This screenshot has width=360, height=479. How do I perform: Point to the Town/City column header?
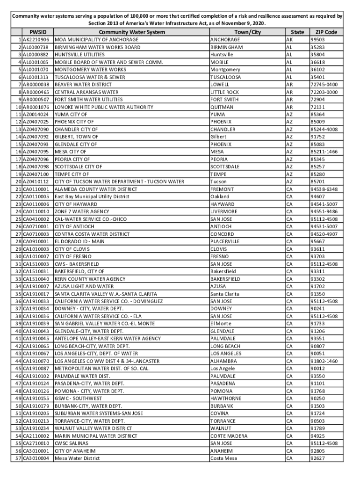click(x=247, y=32)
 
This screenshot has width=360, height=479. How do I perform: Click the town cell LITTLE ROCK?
click(x=224, y=92)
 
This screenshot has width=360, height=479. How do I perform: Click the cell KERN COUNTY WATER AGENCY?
click(x=90, y=279)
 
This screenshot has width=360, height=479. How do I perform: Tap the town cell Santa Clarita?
click(x=225, y=294)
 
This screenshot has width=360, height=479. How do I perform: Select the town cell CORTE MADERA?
click(x=229, y=435)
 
